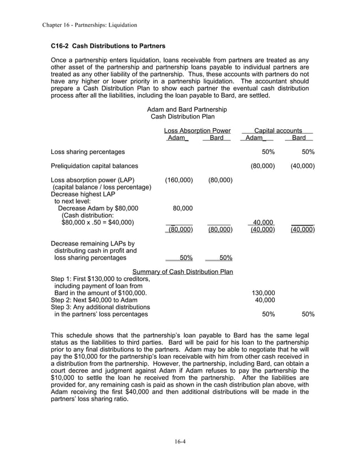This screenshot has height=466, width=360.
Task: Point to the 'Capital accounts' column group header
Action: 278,130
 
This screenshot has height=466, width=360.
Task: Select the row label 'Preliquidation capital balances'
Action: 94,166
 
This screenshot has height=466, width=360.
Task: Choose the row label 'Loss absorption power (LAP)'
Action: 93,180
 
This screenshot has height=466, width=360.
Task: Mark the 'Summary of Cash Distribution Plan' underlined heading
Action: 182,272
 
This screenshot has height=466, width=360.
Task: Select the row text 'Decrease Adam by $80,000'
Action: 96,208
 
